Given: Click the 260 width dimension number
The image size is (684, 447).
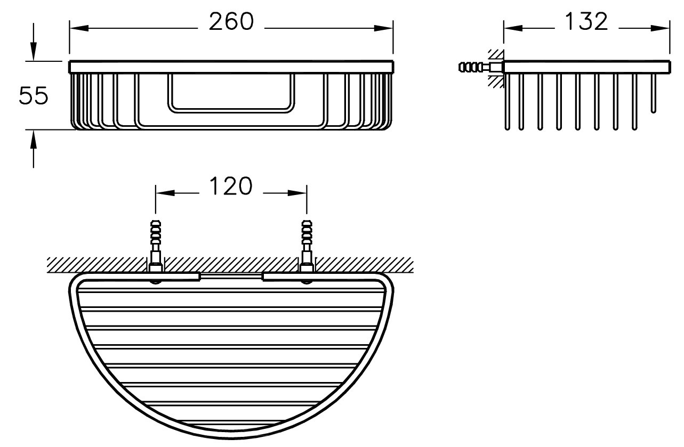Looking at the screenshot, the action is point(231,22).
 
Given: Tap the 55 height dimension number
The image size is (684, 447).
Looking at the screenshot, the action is point(33,95).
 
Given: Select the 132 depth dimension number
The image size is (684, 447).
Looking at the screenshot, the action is point(586,21).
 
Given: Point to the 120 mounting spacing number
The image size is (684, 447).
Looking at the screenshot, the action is point(231,186).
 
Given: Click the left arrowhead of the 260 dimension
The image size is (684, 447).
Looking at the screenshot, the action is point(79,28).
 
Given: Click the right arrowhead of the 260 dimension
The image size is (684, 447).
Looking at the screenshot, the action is point(383,28).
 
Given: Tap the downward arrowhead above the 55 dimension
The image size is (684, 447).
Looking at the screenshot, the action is point(33,52).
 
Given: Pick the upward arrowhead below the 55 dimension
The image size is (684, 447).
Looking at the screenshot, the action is point(33,139).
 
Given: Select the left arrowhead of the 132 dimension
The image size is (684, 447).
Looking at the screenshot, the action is point(513,28).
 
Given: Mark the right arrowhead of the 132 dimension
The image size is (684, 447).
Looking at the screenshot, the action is point(660,28).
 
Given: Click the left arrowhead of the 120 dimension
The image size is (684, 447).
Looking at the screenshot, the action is point(165,193).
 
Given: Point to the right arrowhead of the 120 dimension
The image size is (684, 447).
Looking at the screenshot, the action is point(297,193).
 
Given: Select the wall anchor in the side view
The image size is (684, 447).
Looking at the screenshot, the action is point(481,67).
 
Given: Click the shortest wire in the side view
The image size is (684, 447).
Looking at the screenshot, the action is point(653,93).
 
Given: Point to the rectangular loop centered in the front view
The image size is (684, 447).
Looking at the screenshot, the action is point(231,93).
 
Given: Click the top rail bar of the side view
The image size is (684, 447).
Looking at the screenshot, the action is point(587,67).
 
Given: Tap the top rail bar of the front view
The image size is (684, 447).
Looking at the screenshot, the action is point(231,67).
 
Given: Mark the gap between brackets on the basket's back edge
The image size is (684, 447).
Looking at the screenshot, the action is point(231,277).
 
